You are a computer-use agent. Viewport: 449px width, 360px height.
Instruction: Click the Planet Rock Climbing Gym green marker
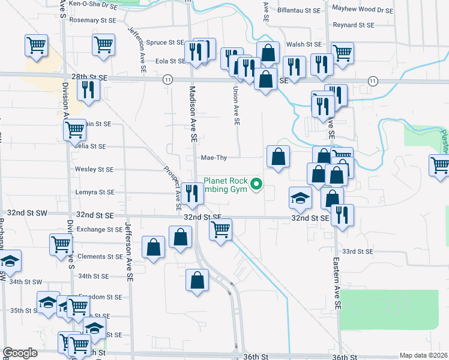click(258, 185)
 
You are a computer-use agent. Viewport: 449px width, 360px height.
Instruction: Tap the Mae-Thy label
click(214, 158)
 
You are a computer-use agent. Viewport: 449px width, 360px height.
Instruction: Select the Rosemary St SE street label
click(92, 20)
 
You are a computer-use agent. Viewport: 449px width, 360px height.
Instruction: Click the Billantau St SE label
click(300, 10)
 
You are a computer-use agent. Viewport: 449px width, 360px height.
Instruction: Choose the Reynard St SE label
click(354, 25)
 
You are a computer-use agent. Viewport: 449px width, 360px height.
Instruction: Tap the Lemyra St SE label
click(94, 193)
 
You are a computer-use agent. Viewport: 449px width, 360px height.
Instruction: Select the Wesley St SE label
click(94, 169)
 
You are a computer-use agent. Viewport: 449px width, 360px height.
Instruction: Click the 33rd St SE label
click(357, 251)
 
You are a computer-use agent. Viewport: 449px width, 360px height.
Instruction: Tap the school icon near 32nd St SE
click(300, 197)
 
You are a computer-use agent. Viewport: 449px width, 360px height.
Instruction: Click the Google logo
click(20, 353)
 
